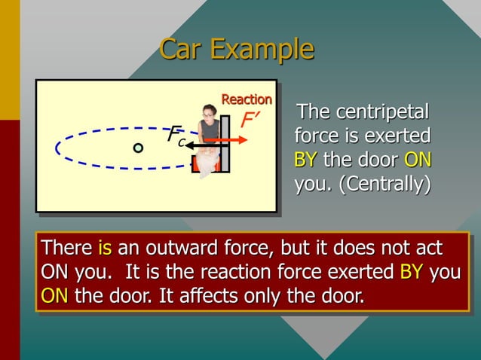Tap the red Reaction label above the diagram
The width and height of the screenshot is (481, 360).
tap(246, 99)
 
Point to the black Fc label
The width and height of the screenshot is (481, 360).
tap(177, 136)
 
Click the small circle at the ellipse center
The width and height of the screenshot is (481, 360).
tap(138, 148)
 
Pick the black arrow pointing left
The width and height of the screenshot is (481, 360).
tap(194, 144)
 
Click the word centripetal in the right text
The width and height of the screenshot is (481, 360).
tap(384, 113)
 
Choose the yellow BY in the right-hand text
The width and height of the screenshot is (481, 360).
tap(305, 160)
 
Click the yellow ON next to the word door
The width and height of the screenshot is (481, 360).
tap(417, 160)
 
